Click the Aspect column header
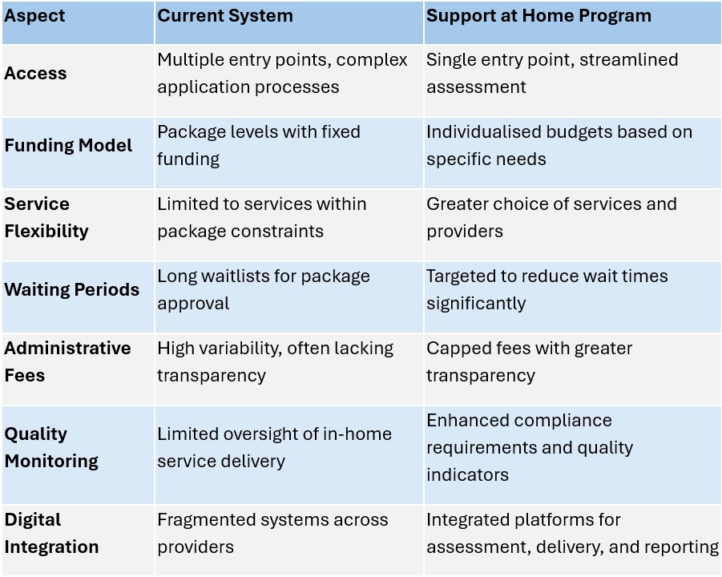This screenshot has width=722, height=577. (x=34, y=16)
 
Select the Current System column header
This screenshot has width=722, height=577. (x=225, y=16)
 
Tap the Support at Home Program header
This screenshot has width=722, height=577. (x=538, y=16)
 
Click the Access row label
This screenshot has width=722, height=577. (x=35, y=73)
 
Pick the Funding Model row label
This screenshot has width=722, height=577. (x=68, y=146)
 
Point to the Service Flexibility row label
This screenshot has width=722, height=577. (x=46, y=217)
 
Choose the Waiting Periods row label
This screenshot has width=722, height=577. (x=72, y=289)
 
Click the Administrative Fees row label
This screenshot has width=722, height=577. (x=67, y=361)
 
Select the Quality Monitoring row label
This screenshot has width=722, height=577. (x=51, y=448)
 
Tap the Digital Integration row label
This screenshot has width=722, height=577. (x=51, y=533)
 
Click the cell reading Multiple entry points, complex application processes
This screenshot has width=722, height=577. (x=282, y=73)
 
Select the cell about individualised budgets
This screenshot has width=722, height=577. (x=559, y=146)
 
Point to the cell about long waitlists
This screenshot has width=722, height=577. (x=264, y=289)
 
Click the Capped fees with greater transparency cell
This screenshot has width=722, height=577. (x=529, y=361)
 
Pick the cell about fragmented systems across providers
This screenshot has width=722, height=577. (x=272, y=533)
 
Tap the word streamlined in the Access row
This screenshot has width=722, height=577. (x=628, y=60)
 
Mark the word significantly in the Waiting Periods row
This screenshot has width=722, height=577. (x=476, y=304)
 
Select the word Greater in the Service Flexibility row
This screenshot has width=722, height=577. (x=457, y=204)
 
